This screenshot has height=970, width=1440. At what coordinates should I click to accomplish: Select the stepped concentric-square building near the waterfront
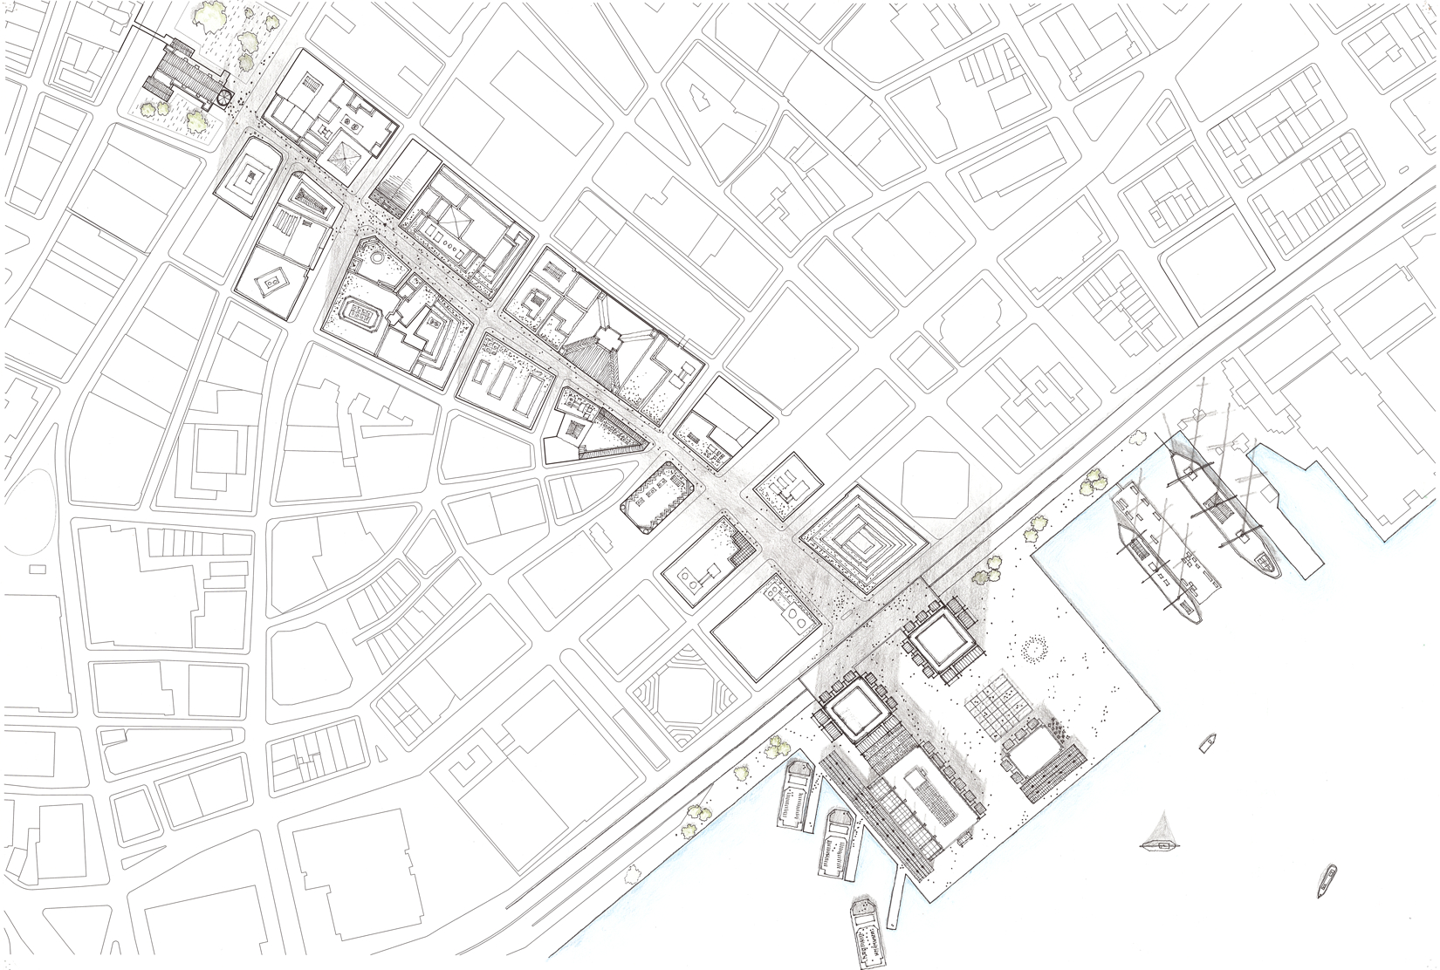[861, 539]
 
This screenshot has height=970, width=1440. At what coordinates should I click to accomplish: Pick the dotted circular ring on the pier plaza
[1035, 647]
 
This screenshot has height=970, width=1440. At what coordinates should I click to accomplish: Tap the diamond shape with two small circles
[271, 282]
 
